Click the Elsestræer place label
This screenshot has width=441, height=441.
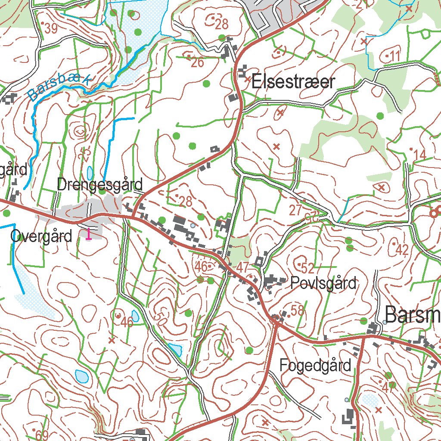pyautogui.click(x=293, y=81)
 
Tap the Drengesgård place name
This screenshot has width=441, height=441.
pyautogui.click(x=100, y=185)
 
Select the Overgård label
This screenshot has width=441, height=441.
pyautogui.click(x=41, y=236)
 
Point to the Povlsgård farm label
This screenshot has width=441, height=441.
pyautogui.click(x=323, y=283)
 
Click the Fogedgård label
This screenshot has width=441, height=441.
pyautogui.click(x=315, y=366)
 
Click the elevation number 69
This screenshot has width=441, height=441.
pyautogui.click(x=42, y=434)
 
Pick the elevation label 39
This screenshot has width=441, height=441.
pyautogui.click(x=50, y=29)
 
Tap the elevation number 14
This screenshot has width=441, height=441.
pyautogui.click(x=419, y=155)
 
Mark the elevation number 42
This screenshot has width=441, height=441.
pyautogui.click(x=401, y=250)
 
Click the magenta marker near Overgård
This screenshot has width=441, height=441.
pyautogui.click(x=89, y=234)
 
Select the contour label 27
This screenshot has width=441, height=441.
pyautogui.click(x=296, y=211)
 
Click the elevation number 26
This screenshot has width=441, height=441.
pyautogui.click(x=197, y=62)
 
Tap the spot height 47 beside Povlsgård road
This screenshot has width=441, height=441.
pyautogui.click(x=242, y=267)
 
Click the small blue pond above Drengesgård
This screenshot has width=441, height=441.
pyautogui.click(x=90, y=173)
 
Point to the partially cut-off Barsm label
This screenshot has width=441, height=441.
pyautogui.click(x=412, y=315)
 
